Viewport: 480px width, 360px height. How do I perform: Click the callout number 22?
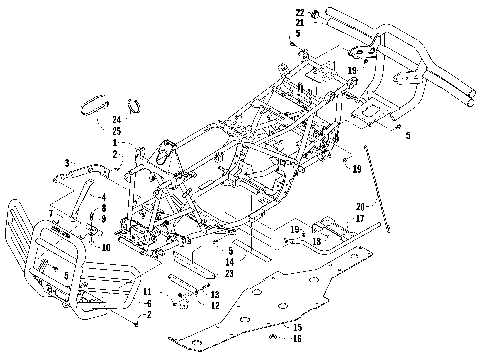point(299,10)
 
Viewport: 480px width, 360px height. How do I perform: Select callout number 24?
point(117,119)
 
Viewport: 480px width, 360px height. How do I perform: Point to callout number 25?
point(117,131)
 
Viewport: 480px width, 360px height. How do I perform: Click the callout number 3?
point(67,162)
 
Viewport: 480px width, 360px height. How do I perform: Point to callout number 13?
point(213,294)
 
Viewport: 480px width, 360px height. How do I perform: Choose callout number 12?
point(213,305)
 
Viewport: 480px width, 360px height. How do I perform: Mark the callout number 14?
point(232,261)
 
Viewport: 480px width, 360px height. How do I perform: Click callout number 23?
point(232,272)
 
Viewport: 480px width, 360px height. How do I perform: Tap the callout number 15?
point(297,327)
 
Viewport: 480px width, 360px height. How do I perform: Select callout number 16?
point(297,339)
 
